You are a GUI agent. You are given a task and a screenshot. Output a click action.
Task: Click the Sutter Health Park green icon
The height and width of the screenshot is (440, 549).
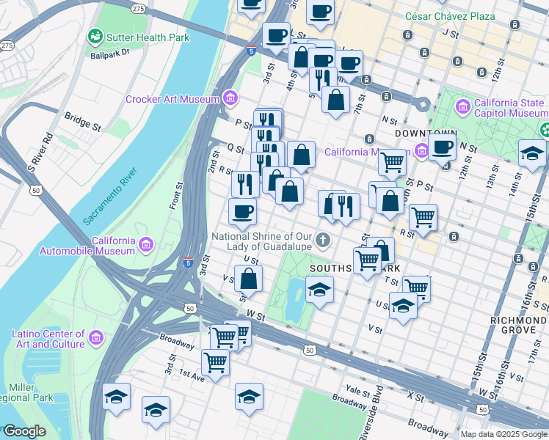95,37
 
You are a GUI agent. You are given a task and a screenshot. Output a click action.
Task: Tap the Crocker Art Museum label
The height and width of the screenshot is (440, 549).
172,99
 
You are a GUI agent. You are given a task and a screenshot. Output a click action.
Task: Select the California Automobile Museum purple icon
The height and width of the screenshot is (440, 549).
145,243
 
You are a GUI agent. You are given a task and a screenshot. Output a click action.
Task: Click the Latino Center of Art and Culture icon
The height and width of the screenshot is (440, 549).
95,338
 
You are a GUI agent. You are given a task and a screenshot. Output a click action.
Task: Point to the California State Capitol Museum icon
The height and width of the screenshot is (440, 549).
463,108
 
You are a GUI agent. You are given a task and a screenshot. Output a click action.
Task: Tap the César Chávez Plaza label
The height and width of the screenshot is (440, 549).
450,16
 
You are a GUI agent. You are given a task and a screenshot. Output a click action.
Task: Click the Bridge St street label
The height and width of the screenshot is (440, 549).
82,121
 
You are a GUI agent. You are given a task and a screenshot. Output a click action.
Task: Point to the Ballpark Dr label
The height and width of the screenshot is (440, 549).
110,53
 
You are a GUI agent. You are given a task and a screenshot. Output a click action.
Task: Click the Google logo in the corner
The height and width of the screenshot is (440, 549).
24,431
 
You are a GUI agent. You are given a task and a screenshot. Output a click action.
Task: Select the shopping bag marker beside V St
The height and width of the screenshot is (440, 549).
249,279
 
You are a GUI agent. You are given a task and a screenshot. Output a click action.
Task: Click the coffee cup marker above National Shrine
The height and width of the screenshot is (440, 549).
242,212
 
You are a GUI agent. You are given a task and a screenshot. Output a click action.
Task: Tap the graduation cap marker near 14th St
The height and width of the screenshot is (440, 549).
532,153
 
